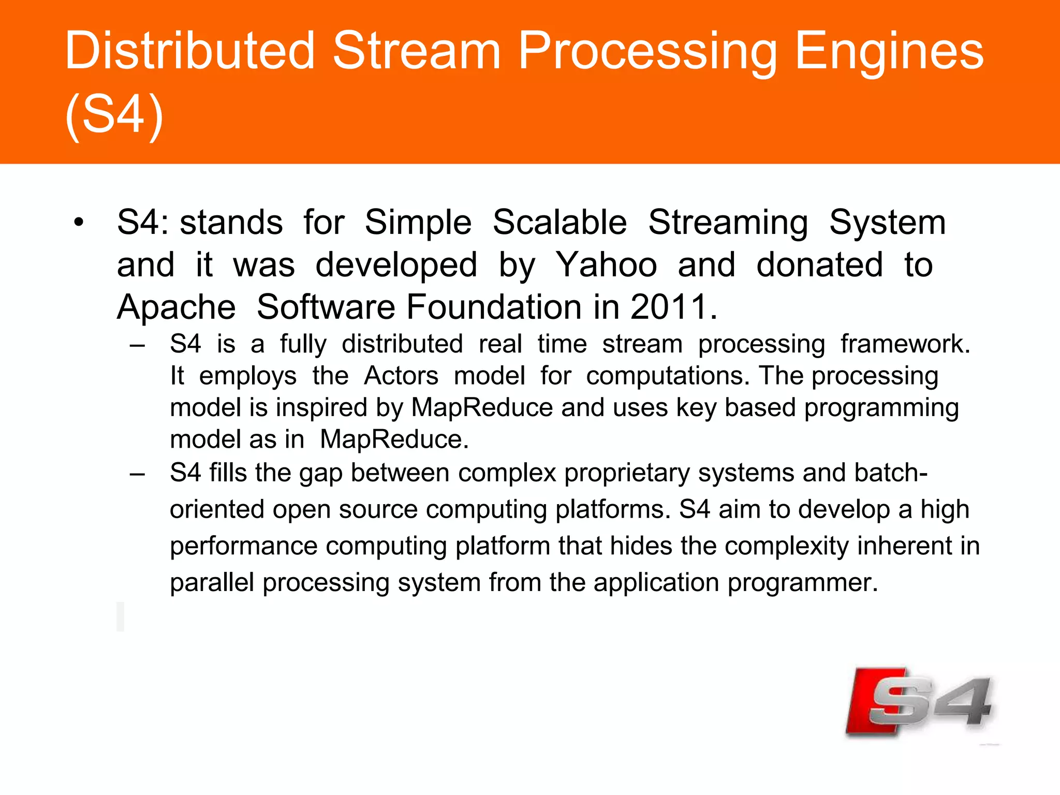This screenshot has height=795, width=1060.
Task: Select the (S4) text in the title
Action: pyautogui.click(x=114, y=114)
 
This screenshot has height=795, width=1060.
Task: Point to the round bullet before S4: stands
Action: pyautogui.click(x=78, y=223)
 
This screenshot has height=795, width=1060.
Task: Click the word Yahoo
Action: pyautogui.click(x=606, y=265)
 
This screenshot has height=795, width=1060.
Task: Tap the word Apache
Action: pyautogui.click(x=176, y=307)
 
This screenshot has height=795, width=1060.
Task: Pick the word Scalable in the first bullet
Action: pyautogui.click(x=560, y=223)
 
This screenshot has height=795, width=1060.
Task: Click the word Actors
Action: pyautogui.click(x=401, y=376)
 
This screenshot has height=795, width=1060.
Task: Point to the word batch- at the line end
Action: pyautogui.click(x=891, y=473)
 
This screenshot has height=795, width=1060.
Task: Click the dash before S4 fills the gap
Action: pyautogui.click(x=137, y=474)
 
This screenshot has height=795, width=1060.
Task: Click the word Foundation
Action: pyautogui.click(x=495, y=307)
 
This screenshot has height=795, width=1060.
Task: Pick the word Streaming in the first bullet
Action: pyautogui.click(x=728, y=223)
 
